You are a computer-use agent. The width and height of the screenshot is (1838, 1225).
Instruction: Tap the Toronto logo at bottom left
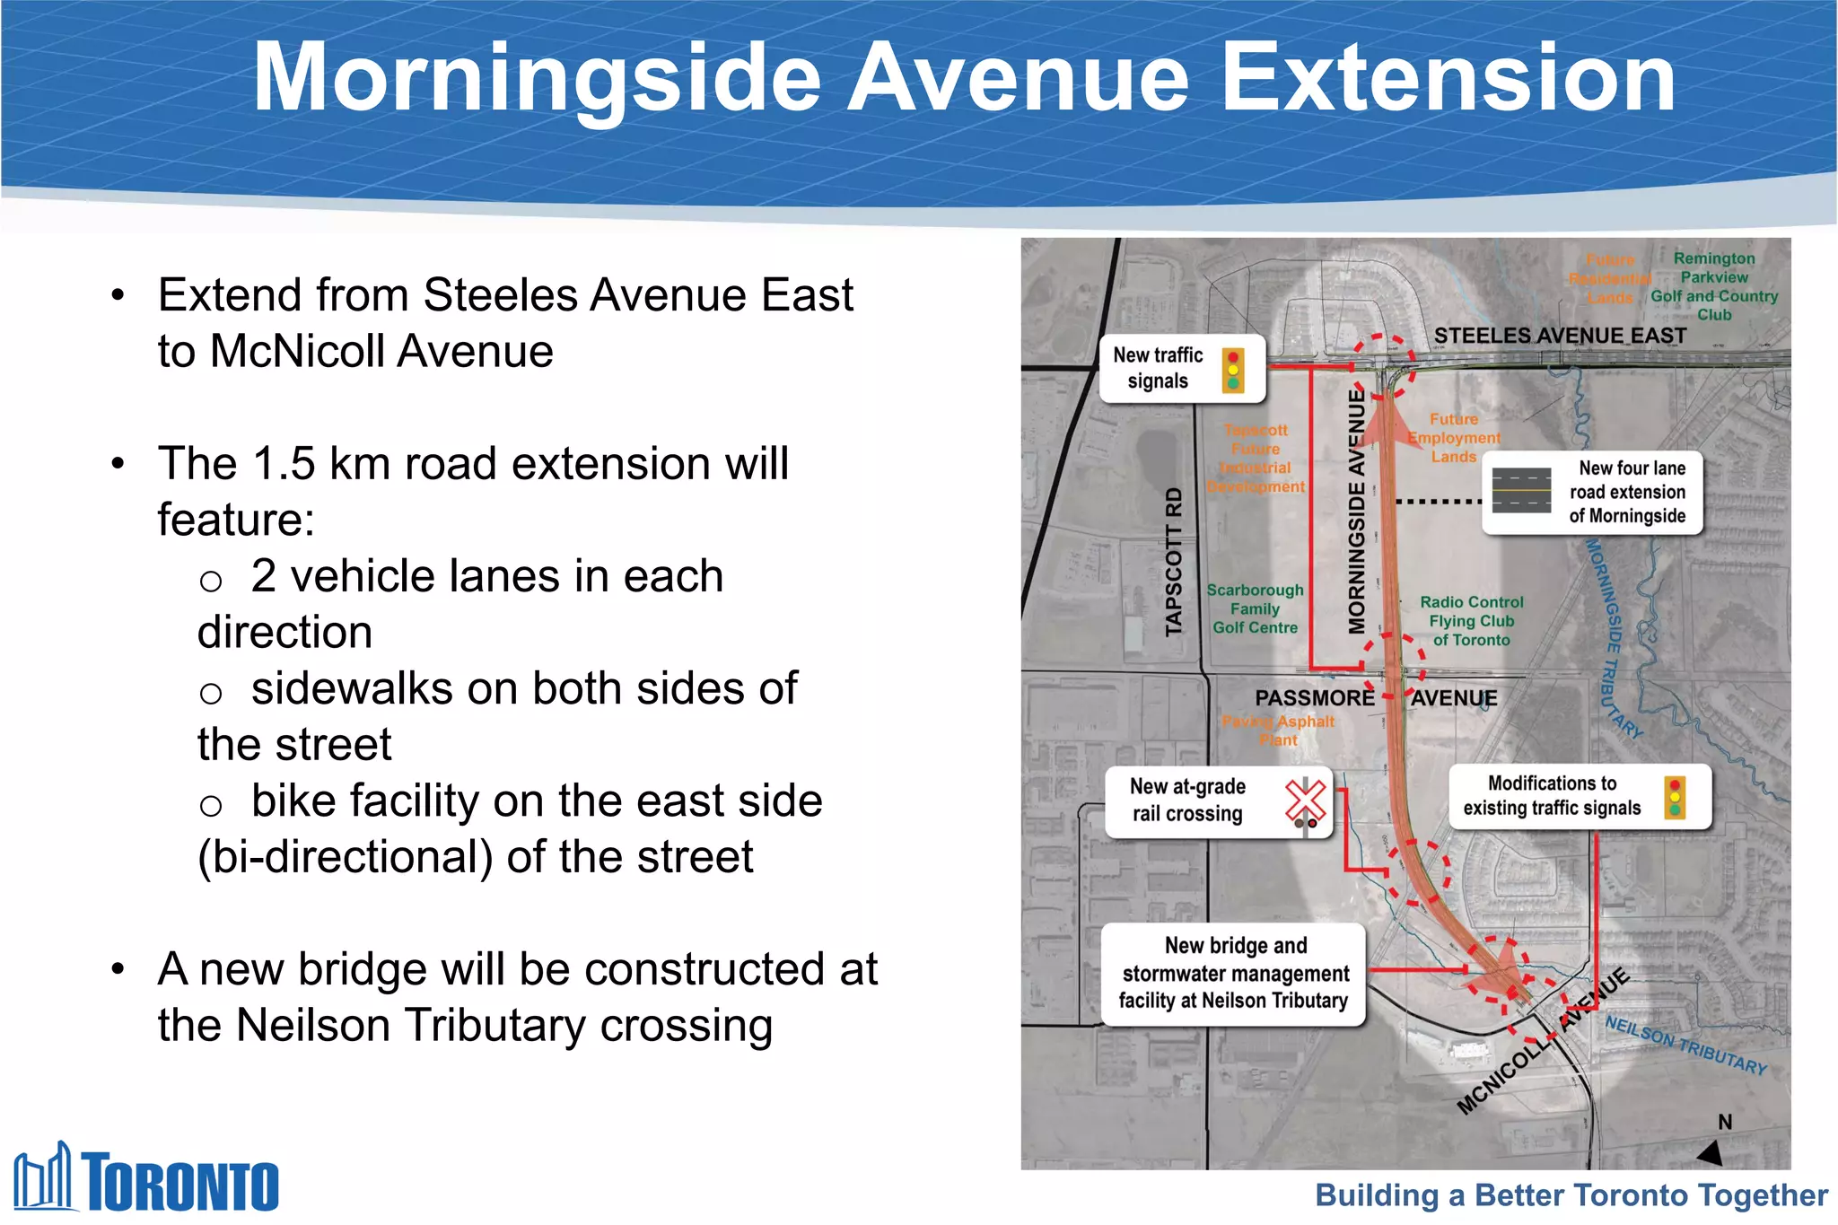(x=146, y=1178)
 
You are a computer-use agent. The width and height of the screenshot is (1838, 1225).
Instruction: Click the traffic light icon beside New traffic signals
(x=1233, y=370)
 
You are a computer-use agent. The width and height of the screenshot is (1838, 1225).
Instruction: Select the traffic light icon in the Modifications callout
(x=1675, y=797)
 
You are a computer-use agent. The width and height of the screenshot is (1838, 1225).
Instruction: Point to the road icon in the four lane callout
(x=1521, y=491)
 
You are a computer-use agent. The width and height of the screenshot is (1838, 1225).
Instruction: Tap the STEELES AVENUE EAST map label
(x=1560, y=336)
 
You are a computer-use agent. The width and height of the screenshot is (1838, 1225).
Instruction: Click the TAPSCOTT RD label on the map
(x=1173, y=562)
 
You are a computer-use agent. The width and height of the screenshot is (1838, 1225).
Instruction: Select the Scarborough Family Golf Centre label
(x=1255, y=608)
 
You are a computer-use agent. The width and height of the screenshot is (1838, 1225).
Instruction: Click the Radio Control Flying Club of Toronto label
(x=1471, y=621)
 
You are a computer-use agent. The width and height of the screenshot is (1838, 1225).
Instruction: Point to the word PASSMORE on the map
(x=1314, y=697)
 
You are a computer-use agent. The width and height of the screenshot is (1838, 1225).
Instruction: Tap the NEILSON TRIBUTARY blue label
(x=1685, y=1045)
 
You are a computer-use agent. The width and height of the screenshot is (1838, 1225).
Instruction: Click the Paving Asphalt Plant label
(x=1278, y=731)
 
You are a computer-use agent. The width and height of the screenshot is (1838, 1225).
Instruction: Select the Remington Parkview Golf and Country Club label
(x=1713, y=286)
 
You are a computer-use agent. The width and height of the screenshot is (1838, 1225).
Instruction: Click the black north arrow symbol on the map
(x=1710, y=1152)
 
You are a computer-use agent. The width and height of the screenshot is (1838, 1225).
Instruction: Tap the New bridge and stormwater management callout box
(x=1233, y=974)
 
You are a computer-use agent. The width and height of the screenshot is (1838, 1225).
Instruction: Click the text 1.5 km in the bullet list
(x=306, y=464)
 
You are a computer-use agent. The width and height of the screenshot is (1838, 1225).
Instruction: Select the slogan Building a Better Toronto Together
(x=1571, y=1195)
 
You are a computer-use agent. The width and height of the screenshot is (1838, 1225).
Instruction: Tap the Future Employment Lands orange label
(x=1453, y=438)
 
